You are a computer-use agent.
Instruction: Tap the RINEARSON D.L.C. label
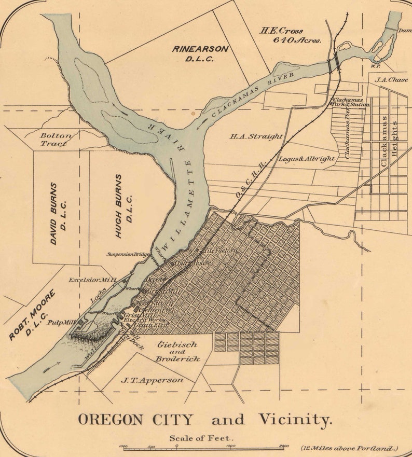pyautogui.click(x=200, y=53)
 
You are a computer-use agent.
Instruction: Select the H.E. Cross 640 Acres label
pyautogui.click(x=290, y=35)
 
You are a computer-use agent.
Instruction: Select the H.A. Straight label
pyautogui.click(x=256, y=136)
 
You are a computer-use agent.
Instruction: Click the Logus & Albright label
pyautogui.click(x=307, y=158)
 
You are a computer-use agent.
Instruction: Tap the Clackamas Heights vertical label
pyautogui.click(x=389, y=141)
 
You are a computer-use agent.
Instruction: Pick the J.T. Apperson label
pyautogui.click(x=152, y=380)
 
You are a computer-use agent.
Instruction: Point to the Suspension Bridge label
pyautogui.click(x=128, y=254)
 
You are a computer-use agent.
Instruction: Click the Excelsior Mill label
pyautogui.click(x=92, y=280)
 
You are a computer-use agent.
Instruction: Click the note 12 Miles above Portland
pyautogui.click(x=349, y=448)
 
